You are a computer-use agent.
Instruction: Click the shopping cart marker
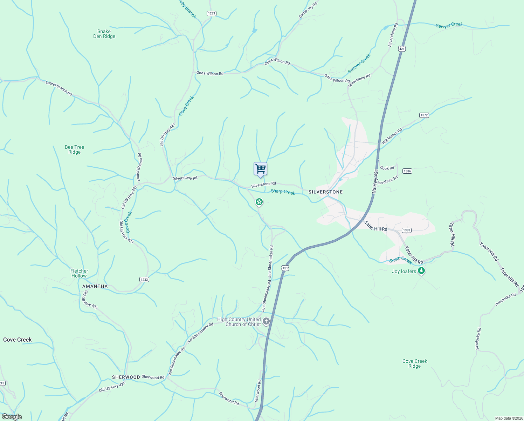click(x=260, y=169)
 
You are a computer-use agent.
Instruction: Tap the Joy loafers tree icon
click(x=422, y=271)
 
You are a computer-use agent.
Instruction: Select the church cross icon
click(x=266, y=321)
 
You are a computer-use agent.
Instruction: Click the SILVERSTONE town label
click(x=325, y=192)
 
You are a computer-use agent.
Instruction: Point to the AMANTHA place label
click(x=95, y=286)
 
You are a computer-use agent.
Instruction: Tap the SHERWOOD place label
click(x=126, y=377)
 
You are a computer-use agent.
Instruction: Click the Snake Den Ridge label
click(x=104, y=34)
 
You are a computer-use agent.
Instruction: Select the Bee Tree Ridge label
click(x=75, y=149)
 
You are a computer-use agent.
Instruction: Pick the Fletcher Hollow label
click(x=79, y=273)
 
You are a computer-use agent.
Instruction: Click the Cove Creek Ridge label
click(x=415, y=363)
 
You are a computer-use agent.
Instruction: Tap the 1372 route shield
click(x=424, y=115)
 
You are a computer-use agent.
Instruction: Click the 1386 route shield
click(x=407, y=171)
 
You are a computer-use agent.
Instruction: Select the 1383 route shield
click(x=406, y=230)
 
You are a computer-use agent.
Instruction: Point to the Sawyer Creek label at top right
click(x=449, y=25)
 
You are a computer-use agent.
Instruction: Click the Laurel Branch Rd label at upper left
click(x=59, y=88)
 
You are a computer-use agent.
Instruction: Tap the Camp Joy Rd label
click(x=308, y=9)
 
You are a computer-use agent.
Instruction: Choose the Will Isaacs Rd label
click(x=392, y=136)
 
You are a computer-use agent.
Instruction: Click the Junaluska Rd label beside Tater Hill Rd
click(x=505, y=299)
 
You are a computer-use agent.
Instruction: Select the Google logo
click(x=12, y=417)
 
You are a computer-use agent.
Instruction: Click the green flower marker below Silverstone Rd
click(x=259, y=202)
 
